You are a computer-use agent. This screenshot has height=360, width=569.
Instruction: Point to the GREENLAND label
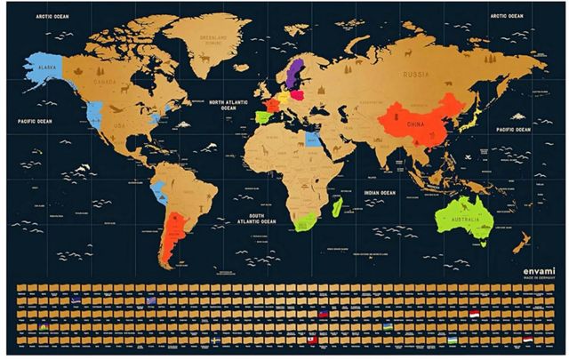point(212,37)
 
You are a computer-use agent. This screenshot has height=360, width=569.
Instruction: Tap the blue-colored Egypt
point(314,139)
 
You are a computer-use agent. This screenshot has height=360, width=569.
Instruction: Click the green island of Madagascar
point(338,207)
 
